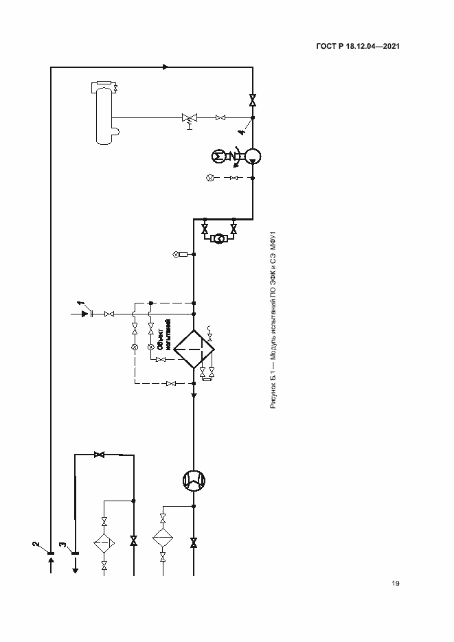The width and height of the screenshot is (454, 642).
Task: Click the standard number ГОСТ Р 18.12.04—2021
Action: [x=358, y=46]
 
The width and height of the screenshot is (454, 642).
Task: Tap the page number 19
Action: [x=395, y=583]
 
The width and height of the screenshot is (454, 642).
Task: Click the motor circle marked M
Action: [x=219, y=156]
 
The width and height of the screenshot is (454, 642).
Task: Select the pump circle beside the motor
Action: [x=253, y=156]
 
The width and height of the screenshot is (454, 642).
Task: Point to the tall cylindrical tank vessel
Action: [x=104, y=113]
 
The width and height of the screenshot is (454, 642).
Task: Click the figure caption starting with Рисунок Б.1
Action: [x=273, y=320]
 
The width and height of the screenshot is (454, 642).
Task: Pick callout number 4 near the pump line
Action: [x=242, y=132]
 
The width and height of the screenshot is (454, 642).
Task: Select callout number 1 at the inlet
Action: [x=80, y=303]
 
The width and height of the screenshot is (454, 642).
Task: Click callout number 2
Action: [x=36, y=544]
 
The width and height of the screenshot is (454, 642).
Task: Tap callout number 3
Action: [x=63, y=544]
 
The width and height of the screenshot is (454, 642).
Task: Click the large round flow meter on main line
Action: [x=194, y=481]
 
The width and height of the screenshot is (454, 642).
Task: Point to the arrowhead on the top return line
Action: [x=166, y=67]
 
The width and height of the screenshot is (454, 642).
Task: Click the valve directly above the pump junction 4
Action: [x=253, y=100]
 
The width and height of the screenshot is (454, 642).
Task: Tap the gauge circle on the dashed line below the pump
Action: [x=210, y=178]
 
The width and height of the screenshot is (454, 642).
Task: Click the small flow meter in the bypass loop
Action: [x=219, y=238]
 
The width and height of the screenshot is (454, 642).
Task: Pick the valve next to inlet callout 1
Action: [x=109, y=314]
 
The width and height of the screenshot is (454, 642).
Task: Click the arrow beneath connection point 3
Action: [x=75, y=566]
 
